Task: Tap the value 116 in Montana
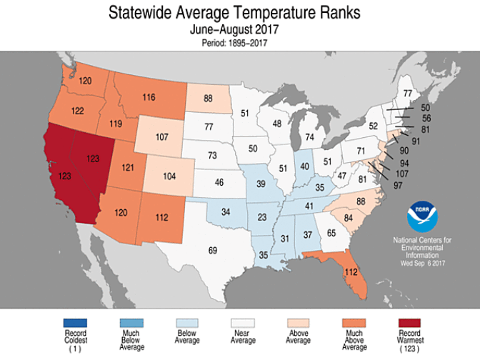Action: pos(149,97)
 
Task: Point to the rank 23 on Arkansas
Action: pos(262,217)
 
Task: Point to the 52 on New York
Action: pos(372,126)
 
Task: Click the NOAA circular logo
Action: pos(419,216)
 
